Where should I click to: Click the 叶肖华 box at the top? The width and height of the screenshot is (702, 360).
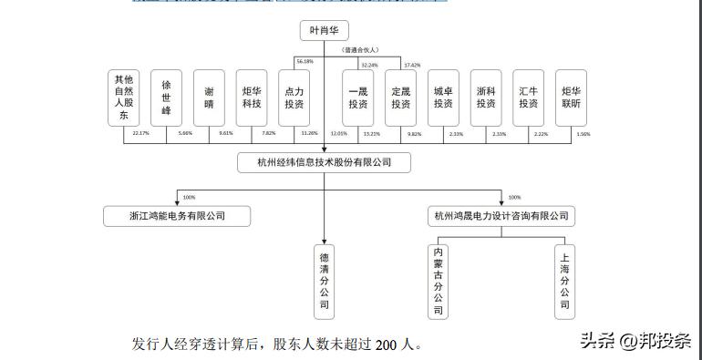(x=324, y=31)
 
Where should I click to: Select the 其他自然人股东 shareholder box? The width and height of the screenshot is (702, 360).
(x=123, y=98)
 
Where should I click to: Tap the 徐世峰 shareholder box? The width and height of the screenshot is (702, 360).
(x=166, y=98)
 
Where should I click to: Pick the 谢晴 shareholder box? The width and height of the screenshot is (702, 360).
(x=209, y=98)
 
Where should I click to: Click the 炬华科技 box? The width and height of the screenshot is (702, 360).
(x=252, y=98)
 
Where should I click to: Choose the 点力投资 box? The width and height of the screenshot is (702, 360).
(x=294, y=98)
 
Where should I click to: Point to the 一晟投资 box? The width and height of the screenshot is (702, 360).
(x=357, y=98)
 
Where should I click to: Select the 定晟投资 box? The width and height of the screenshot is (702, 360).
(x=400, y=98)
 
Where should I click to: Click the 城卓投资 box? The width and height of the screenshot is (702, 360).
(x=443, y=98)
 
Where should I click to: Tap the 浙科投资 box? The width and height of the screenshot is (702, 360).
(x=486, y=98)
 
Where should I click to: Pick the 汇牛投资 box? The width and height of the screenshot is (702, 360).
(x=529, y=98)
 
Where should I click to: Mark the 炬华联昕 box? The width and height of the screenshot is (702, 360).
(x=572, y=98)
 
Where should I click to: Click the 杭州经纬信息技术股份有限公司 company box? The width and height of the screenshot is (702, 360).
(x=324, y=163)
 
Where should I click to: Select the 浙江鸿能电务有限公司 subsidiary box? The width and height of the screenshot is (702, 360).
(x=177, y=216)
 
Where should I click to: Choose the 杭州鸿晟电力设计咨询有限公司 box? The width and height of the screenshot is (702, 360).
(x=501, y=216)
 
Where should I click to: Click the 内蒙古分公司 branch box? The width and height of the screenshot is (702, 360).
(x=439, y=281)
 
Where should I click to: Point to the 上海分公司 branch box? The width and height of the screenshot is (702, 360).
(x=565, y=281)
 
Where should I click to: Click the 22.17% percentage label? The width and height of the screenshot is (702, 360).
(x=140, y=133)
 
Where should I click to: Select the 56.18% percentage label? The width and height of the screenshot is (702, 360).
(x=304, y=61)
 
